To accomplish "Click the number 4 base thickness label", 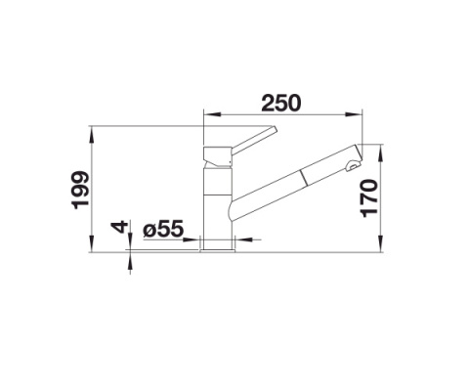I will [119, 228].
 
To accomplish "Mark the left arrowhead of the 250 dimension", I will [207, 114].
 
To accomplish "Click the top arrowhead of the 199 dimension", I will [90, 129].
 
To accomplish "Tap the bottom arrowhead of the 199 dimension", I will [90, 247].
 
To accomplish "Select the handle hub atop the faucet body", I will [216, 154].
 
